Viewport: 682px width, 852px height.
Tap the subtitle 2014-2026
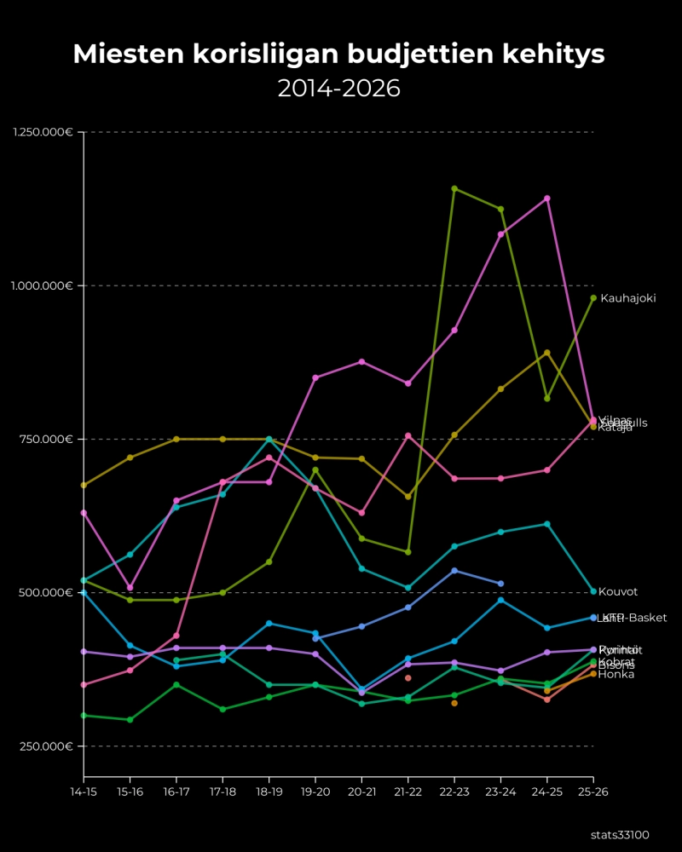(x=339, y=89)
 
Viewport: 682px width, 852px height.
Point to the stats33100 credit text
(x=625, y=835)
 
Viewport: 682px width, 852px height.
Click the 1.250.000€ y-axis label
(x=42, y=132)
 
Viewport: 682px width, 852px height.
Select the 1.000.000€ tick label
(x=42, y=285)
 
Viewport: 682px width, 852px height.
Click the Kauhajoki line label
(x=628, y=298)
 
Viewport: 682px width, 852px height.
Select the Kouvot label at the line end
(x=618, y=591)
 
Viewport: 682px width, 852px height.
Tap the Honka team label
(x=616, y=675)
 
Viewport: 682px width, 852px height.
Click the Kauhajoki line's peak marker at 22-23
(x=454, y=188)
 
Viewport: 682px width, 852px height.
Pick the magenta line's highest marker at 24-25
(x=547, y=199)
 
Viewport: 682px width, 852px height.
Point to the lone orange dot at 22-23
(x=454, y=703)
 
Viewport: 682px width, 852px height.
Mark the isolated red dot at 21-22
(x=408, y=678)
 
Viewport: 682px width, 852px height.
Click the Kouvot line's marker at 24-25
(x=547, y=524)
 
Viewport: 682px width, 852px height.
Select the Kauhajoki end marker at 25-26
(x=593, y=297)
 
